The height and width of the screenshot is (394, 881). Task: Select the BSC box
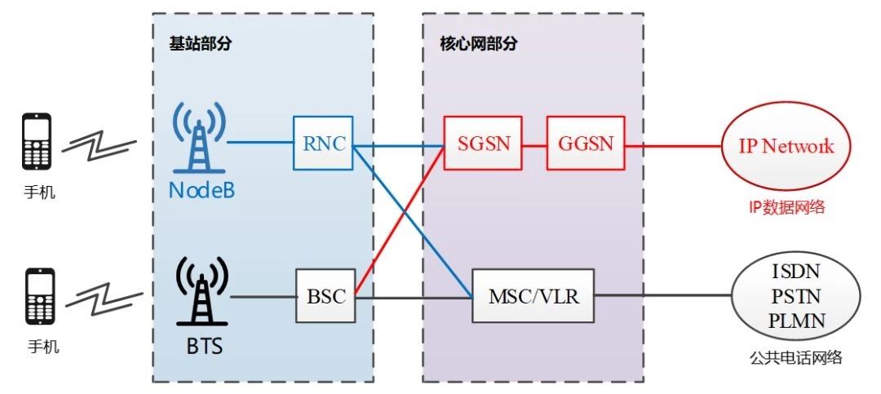tap(326, 296)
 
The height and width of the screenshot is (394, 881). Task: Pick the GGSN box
tap(584, 144)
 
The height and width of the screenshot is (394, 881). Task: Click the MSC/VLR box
tap(533, 296)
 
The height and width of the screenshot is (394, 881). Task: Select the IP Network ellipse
tap(786, 146)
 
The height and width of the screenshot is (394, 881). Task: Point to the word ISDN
tap(795, 270)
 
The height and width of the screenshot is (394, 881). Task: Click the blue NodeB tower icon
tap(199, 143)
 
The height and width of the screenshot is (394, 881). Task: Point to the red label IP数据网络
tap(786, 207)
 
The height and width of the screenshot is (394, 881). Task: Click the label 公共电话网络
tap(795, 357)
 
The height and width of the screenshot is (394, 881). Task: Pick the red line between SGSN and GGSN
tap(533, 144)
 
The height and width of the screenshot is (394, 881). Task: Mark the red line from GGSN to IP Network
tap(673, 145)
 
